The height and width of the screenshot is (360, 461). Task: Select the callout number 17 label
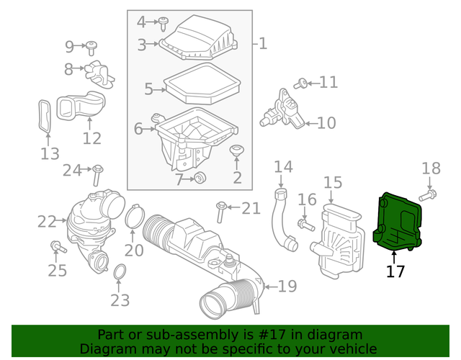[395, 271]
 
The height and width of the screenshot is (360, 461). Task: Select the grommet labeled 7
[201, 179]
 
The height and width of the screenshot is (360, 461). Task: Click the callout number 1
[262, 44]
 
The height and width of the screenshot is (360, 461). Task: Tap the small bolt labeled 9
[92, 48]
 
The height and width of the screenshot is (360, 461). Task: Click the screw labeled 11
[301, 84]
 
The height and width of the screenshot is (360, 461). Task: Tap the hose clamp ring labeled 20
[133, 218]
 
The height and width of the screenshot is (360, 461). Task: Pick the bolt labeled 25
[58, 248]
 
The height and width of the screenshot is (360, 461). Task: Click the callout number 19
[287, 287]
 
